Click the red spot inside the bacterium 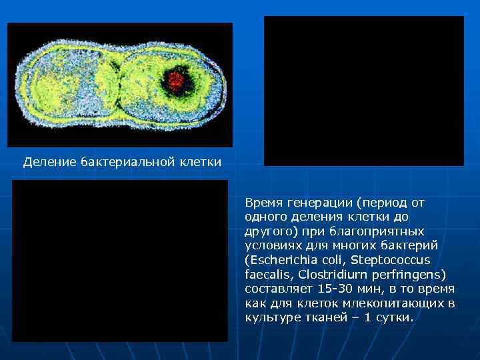click(x=176, y=81)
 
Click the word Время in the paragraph click(x=263, y=202)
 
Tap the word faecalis click(x=269, y=274)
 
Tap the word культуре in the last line click(x=270, y=317)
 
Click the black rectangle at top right click(x=364, y=91)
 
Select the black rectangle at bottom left click(x=120, y=261)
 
